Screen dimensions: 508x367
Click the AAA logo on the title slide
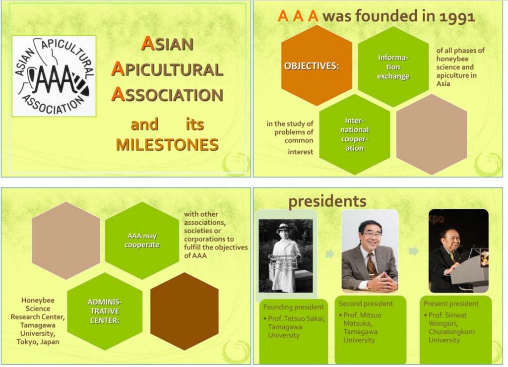click(x=54, y=76)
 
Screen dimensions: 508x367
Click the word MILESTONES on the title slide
click(x=167, y=145)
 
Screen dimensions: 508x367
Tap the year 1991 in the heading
click(x=457, y=17)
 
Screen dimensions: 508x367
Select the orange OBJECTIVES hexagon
click(x=317, y=66)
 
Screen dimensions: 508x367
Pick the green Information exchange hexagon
click(x=393, y=66)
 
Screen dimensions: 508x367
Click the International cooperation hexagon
click(x=354, y=134)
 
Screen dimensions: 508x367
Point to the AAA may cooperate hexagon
click(x=142, y=241)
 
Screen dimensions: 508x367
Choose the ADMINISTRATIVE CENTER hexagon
click(x=105, y=311)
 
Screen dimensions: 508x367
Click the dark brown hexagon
click(x=185, y=311)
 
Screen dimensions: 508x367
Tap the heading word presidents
click(x=327, y=201)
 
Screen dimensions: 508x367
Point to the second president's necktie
click(x=371, y=266)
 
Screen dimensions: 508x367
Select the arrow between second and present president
click(x=414, y=251)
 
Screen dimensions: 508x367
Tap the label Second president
click(x=366, y=304)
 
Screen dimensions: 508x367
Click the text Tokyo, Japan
click(x=38, y=342)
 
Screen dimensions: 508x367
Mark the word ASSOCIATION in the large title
click(x=167, y=95)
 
